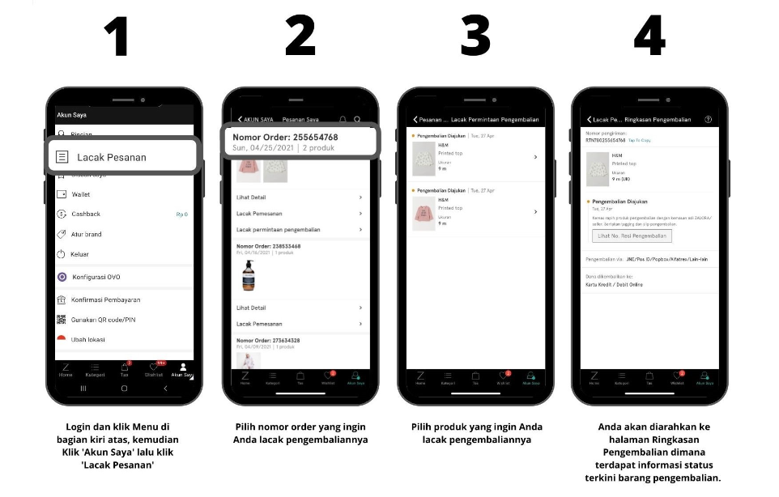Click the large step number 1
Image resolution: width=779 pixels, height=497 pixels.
coord(119,36)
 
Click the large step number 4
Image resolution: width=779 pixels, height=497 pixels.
coord(649,36)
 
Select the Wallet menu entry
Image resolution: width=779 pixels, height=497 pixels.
coord(81,194)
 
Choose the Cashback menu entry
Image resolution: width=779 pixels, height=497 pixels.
coord(86,215)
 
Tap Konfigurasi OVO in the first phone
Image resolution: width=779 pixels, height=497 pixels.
coord(96,277)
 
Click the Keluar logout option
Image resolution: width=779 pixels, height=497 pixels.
coord(79,254)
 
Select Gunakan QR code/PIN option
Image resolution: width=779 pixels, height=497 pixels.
coord(104,320)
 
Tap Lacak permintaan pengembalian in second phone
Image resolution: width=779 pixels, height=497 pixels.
coord(278,230)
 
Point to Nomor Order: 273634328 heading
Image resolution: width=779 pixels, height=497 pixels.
coord(268,341)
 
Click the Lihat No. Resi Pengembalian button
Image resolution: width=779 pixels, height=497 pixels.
coord(632,236)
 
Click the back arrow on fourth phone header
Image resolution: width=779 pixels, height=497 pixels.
coord(590,119)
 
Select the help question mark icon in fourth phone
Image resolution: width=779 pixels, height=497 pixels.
coord(708,119)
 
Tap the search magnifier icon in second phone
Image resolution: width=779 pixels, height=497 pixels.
coord(357,119)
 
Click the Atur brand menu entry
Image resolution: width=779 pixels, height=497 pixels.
coord(87,235)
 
